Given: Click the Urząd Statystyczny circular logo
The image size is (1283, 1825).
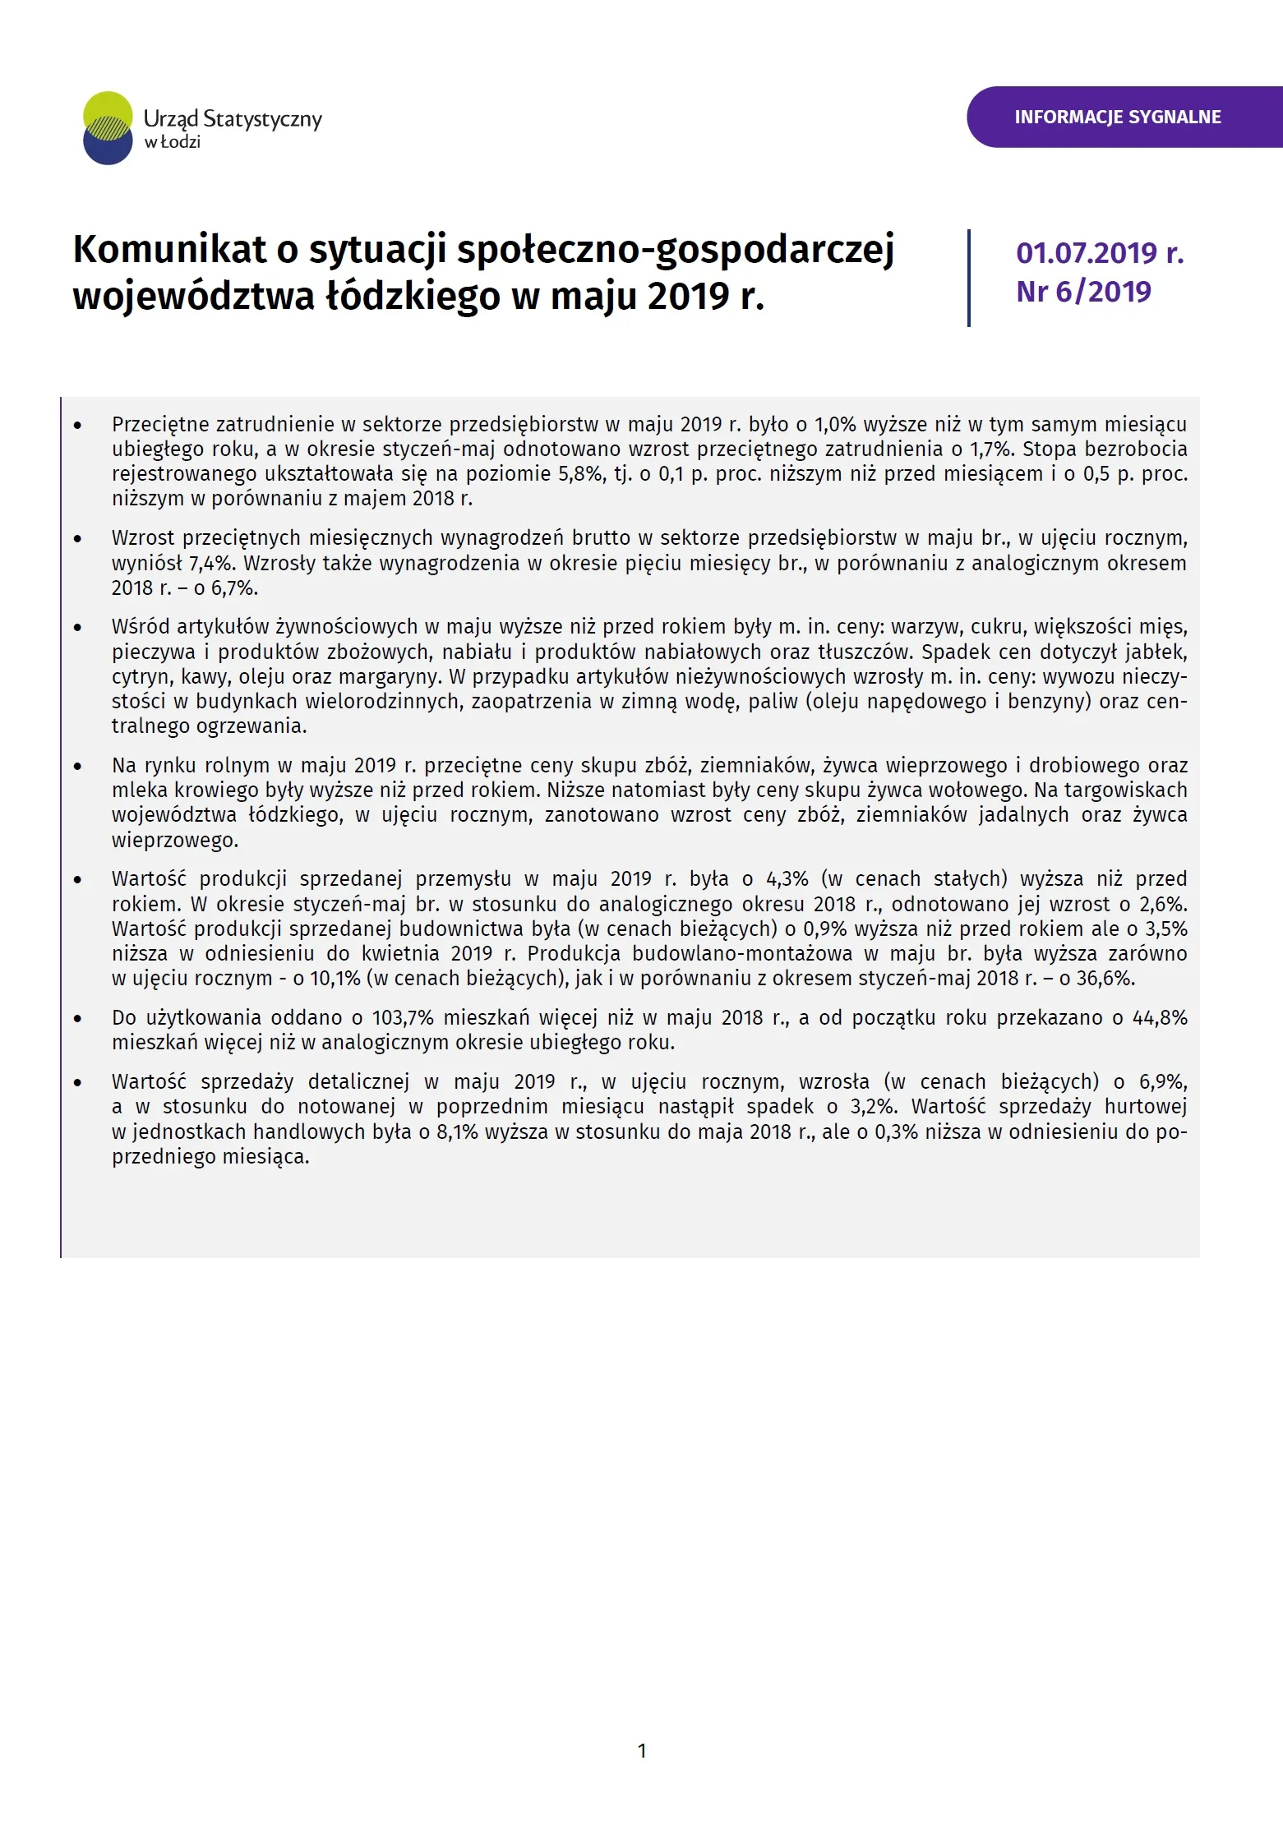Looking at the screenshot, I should [108, 128].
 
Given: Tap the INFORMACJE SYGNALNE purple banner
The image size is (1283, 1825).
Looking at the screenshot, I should [1117, 117].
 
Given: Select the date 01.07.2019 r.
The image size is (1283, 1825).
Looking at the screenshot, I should [1099, 253].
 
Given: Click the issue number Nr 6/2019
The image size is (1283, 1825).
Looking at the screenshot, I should [1083, 292].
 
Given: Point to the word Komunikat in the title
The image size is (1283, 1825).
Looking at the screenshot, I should [169, 249].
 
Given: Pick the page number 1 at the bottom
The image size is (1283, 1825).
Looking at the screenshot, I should [642, 1750].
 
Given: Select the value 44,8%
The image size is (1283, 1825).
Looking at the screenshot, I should [1160, 1017].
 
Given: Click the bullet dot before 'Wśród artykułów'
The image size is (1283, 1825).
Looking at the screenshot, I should [78, 628].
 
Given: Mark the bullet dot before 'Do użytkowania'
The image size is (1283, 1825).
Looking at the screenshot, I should [78, 1019].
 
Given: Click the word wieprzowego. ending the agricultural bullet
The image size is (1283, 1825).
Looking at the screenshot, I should [175, 841].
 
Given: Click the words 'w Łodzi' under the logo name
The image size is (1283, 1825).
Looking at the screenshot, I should [173, 142].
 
